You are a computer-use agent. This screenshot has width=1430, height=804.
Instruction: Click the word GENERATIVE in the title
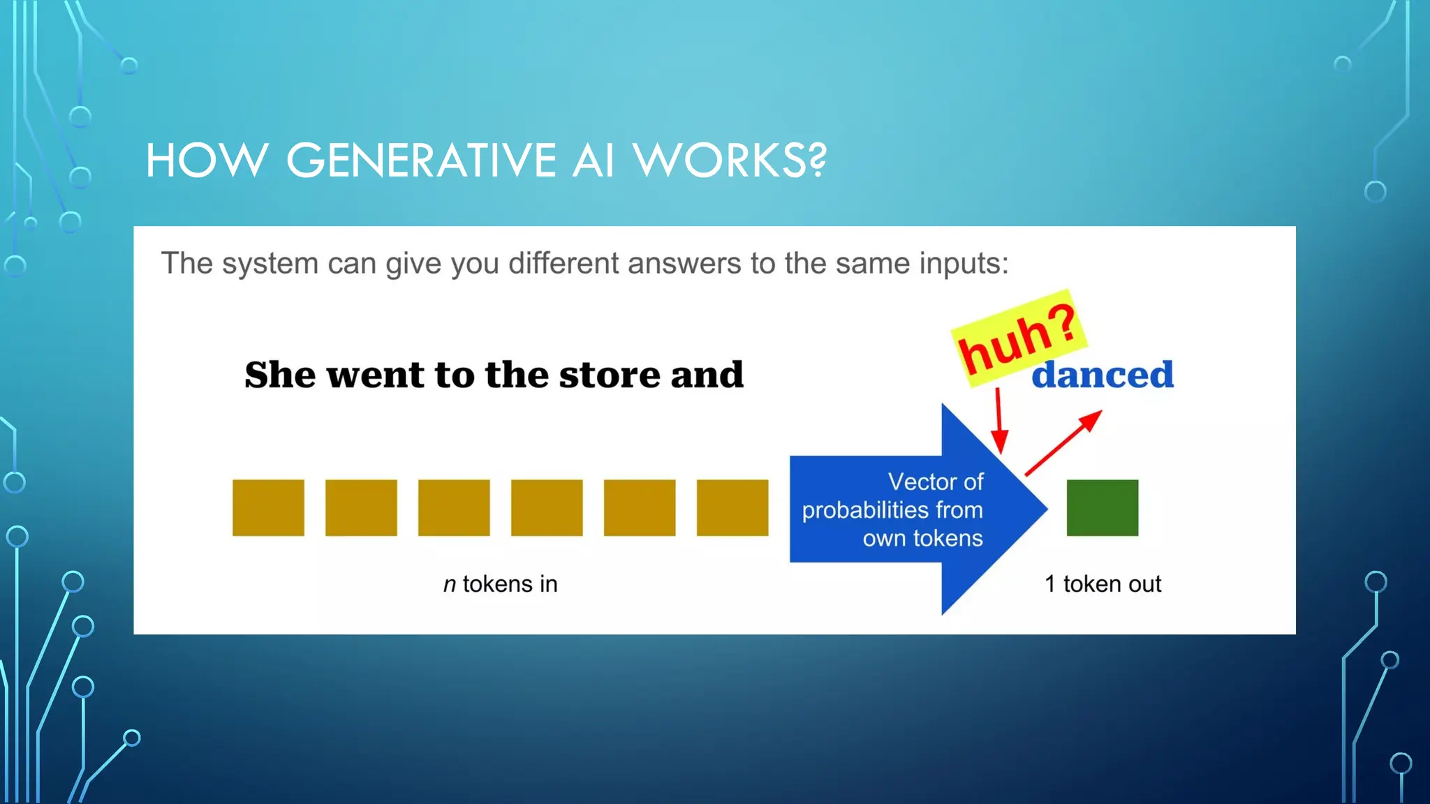[421, 161]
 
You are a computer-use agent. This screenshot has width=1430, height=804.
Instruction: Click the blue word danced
[1103, 375]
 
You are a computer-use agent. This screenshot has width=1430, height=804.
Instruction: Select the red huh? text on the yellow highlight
[1018, 339]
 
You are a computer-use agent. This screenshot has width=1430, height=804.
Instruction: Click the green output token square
[1102, 507]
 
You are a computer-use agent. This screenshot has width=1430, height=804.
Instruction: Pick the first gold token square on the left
[268, 507]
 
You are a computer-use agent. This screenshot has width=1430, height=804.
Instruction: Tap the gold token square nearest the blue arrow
[732, 507]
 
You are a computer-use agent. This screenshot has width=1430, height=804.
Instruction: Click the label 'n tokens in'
[500, 584]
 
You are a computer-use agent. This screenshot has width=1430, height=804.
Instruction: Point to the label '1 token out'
[1102, 584]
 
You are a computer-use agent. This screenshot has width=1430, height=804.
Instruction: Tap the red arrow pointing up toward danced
[1063, 443]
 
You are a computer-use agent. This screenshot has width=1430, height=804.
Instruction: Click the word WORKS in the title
[719, 161]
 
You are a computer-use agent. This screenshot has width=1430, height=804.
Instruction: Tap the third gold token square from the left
[454, 507]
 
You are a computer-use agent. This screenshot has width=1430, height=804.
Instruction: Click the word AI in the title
[594, 161]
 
